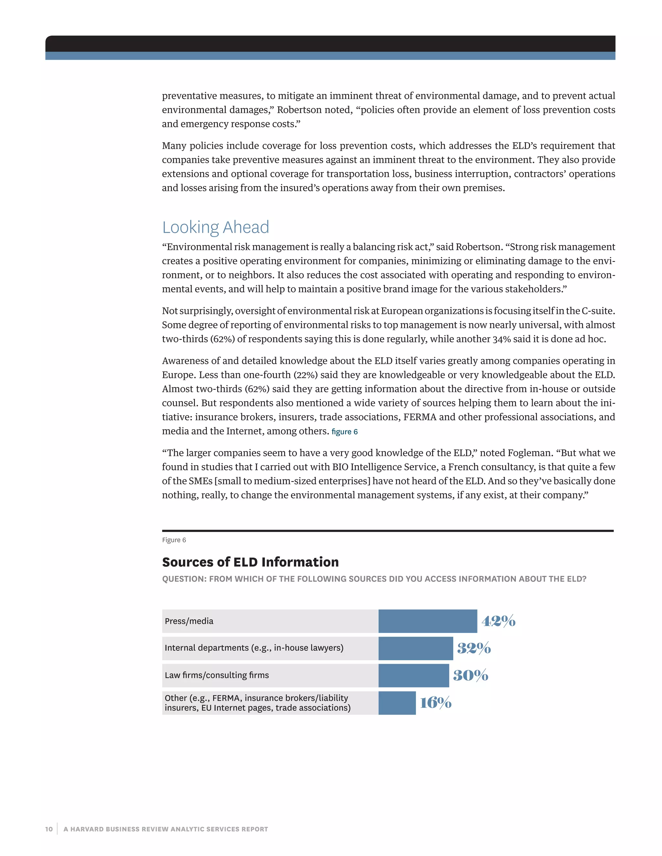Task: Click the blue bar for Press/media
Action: pyautogui.click(x=427, y=621)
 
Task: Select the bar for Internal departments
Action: pyautogui.click(x=415, y=648)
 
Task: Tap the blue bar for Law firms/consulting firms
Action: pyautogui.click(x=413, y=675)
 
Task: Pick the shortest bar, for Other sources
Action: pyautogui.click(x=397, y=703)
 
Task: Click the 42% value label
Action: pyautogui.click(x=498, y=621)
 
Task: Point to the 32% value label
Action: pyautogui.click(x=474, y=648)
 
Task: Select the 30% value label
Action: pyautogui.click(x=471, y=675)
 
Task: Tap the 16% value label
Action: pyautogui.click(x=436, y=703)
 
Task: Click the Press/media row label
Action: pyautogui.click(x=189, y=621)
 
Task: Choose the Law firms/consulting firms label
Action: pyautogui.click(x=217, y=675)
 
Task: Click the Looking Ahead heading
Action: pyautogui.click(x=216, y=227)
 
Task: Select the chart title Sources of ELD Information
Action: pyautogui.click(x=250, y=562)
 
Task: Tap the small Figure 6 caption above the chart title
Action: pyautogui.click(x=174, y=540)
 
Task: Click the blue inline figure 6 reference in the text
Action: pyautogui.click(x=344, y=432)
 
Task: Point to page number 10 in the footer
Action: pyautogui.click(x=48, y=829)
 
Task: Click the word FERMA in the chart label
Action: pyautogui.click(x=226, y=698)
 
